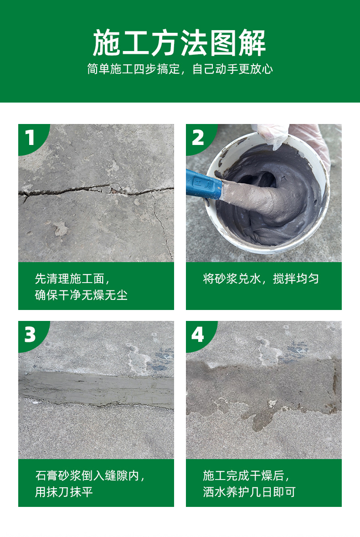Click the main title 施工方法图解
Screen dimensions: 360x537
click(180, 43)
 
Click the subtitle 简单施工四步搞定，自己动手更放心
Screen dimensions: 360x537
click(180, 69)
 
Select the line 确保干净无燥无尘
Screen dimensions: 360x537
click(81, 295)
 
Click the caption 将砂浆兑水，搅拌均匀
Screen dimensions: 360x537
click(261, 279)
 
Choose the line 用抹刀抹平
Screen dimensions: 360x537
click(64, 492)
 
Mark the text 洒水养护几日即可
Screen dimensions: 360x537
click(249, 492)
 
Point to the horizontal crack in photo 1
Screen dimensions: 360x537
click(96, 191)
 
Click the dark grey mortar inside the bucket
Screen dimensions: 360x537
click(274, 192)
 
